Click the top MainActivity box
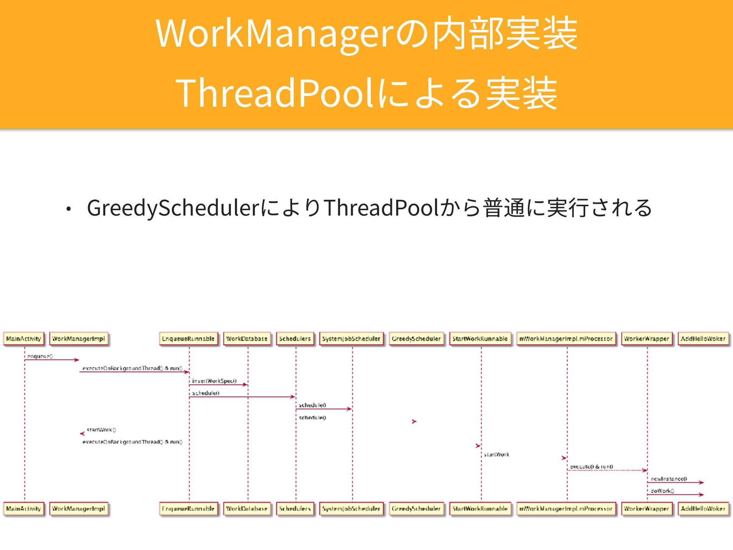pos(24,339)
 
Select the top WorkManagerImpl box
pos(79,339)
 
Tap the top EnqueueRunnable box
pos(188,339)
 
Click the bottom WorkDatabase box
pos(247,509)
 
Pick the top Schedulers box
pos(295,339)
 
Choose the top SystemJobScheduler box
pos(351,339)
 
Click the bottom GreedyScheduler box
pos(416,509)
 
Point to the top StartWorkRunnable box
pos(480,339)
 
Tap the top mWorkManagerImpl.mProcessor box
pos(566,339)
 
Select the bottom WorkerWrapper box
pos(646,509)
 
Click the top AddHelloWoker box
pos(703,339)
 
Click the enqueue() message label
pos(40,356)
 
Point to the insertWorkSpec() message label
pos(214,381)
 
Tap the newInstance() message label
pos(669,479)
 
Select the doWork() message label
pos(662,491)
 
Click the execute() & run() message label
pos(591,466)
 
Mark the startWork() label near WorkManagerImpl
pos(101,430)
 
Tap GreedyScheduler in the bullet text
pos(174,208)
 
